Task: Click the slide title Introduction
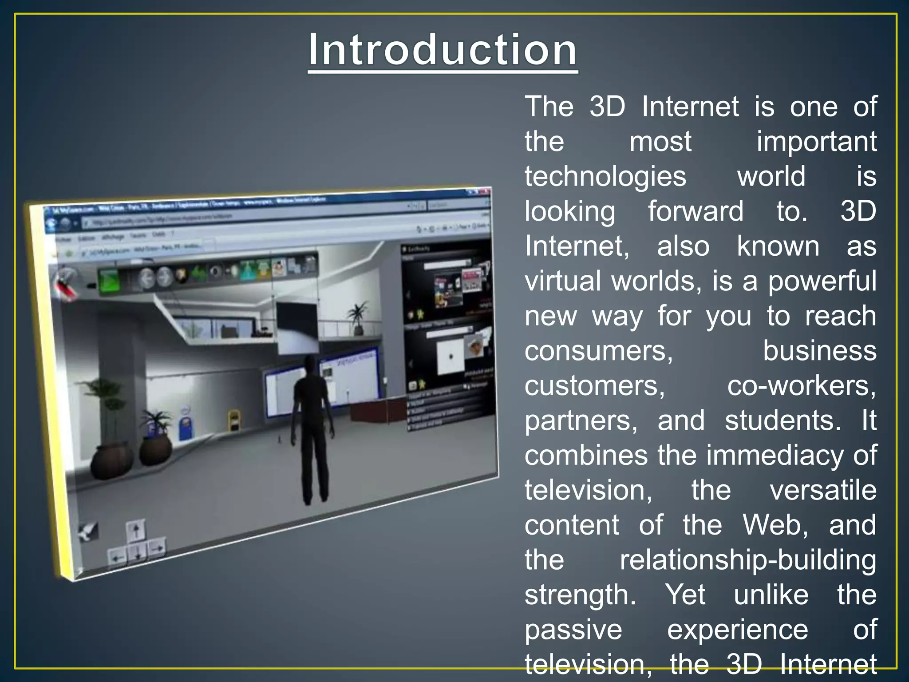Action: tap(443, 50)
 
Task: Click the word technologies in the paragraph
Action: tap(605, 176)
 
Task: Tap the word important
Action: tap(816, 142)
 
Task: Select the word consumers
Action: tap(598, 351)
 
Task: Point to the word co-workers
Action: tap(801, 385)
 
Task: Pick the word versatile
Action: tap(823, 490)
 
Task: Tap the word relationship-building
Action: tap(748, 560)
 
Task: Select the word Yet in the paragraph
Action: tap(685, 595)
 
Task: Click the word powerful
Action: tap(822, 281)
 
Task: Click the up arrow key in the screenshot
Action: tap(136, 530)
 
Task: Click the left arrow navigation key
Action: tap(117, 557)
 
